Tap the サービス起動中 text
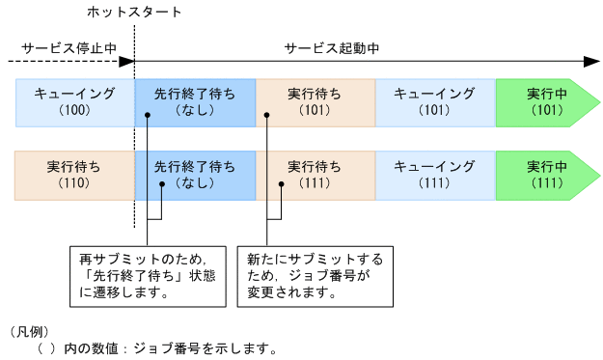(x=332, y=46)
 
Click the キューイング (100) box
(x=74, y=102)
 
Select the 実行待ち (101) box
(x=315, y=102)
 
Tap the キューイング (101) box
(x=435, y=102)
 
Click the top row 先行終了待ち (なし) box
(x=195, y=102)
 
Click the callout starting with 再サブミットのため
(x=151, y=276)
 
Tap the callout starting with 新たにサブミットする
(x=310, y=276)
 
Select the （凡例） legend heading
(x=27, y=331)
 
